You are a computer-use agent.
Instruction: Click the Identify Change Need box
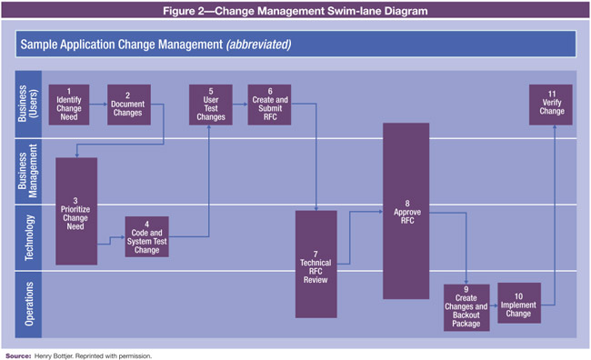(x=69, y=105)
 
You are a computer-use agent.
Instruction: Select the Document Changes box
(x=128, y=105)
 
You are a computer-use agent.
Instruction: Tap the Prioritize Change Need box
(x=76, y=211)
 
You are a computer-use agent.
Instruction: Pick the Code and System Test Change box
(x=146, y=236)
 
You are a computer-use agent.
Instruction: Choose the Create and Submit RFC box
(x=269, y=105)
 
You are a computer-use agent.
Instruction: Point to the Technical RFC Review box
(x=316, y=264)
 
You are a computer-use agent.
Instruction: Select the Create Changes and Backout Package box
(x=466, y=307)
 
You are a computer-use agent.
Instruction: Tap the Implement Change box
(x=518, y=303)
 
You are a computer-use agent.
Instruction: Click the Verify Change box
(x=551, y=105)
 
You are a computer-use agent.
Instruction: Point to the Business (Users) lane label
(x=28, y=105)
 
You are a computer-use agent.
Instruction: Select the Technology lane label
(x=28, y=237)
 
